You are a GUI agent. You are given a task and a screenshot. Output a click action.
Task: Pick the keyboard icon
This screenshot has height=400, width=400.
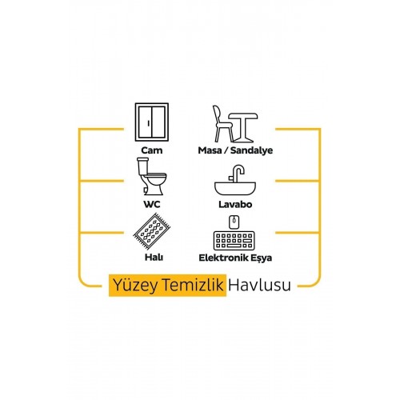coord(234,241)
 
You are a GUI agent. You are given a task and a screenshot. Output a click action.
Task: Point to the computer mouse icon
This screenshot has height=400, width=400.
coord(234,222)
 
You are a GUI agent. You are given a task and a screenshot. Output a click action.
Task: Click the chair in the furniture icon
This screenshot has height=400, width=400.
coord(222,124)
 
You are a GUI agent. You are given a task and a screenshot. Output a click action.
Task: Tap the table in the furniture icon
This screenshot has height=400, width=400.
coord(243,127)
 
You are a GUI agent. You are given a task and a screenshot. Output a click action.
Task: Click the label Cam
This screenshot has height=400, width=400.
coord(152,150)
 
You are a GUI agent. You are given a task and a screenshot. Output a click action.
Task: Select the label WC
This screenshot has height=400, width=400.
coord(152,205)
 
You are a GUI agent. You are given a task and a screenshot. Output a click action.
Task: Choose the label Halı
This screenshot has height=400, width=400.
coord(154,258)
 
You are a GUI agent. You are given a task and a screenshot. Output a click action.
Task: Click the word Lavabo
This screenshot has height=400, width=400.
coord(235,205)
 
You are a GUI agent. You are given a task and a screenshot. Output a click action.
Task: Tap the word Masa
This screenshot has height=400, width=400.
coord(210,150)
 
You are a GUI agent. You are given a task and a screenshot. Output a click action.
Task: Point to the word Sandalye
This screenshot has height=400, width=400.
coord(251,150)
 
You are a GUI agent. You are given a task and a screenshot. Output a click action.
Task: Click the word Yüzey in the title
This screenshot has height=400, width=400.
coord(135,286)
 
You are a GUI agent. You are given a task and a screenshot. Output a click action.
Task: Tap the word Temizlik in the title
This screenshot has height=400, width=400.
coord(193,285)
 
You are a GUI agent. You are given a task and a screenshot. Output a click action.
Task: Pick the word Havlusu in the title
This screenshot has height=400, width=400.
coord(259,285)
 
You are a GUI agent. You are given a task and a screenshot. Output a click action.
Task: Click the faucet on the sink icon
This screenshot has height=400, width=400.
coord(237,174)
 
